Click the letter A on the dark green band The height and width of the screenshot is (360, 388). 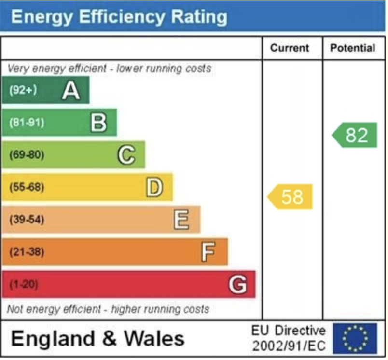71,90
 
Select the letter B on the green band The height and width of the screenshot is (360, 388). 98,123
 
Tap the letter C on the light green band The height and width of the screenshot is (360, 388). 126,155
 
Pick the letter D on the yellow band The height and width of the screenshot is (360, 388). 154,187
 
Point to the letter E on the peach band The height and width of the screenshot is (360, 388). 181,220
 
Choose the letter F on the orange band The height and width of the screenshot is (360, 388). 208,252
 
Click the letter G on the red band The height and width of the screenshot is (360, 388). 237,284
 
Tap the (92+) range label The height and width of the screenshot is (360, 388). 23,90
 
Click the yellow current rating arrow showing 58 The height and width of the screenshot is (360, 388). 291,197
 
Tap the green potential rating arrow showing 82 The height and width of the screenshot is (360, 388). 355,135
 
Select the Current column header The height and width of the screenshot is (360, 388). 290,48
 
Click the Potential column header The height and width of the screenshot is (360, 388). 353,48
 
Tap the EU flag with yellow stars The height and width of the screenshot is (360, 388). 355,338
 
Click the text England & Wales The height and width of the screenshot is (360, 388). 97,338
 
